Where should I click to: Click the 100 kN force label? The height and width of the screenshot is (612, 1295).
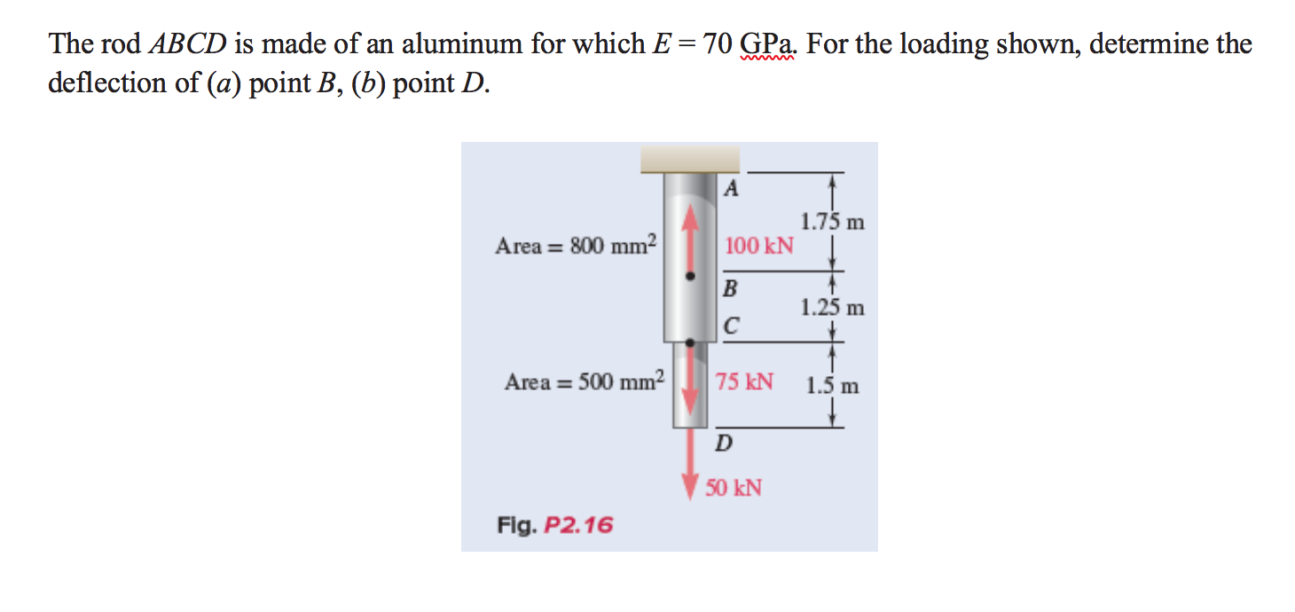coord(759,246)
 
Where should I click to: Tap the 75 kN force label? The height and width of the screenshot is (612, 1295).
coord(744,382)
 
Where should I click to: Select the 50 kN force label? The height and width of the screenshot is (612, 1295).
coord(734,488)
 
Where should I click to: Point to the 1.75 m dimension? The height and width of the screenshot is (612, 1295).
coord(832,222)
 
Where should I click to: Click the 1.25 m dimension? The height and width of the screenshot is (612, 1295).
coord(832,309)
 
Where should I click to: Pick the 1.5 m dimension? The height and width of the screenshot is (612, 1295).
coord(832,387)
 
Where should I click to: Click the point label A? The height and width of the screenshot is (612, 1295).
coord(730,188)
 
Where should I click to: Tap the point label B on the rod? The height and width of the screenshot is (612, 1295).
coord(730,288)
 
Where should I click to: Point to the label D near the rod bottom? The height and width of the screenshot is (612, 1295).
coord(724,443)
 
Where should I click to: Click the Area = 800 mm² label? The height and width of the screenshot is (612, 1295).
coord(575,245)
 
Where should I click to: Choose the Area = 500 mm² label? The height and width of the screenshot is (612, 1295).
coord(584,382)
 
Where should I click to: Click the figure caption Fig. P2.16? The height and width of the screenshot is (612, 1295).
coord(554,525)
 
